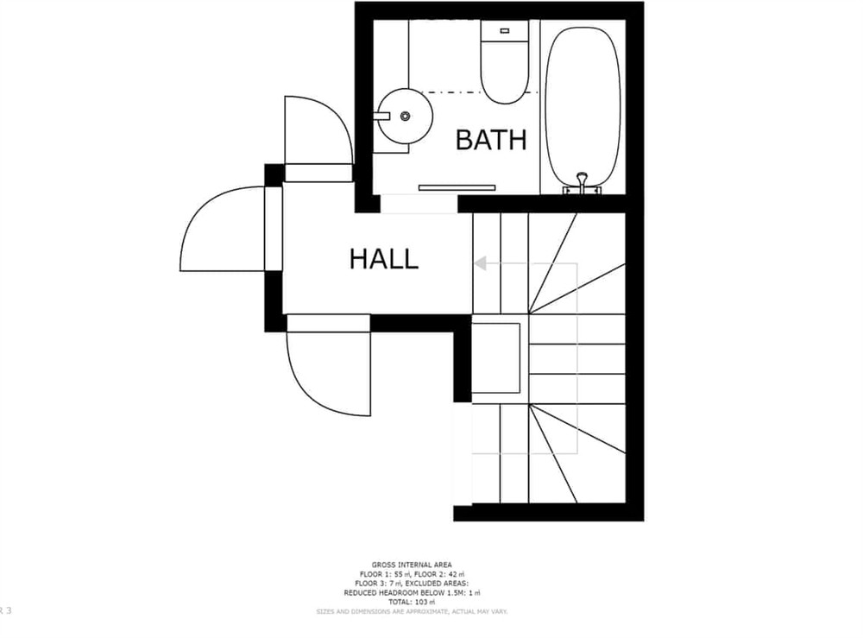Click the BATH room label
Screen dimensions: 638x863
click(x=490, y=140)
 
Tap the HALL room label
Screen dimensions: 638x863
click(x=383, y=259)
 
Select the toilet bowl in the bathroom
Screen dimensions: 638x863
click(x=505, y=73)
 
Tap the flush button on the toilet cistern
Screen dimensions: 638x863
click(x=505, y=30)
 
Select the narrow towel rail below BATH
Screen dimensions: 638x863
click(x=457, y=187)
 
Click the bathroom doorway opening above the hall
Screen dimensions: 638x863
click(x=418, y=205)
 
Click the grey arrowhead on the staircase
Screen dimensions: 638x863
click(x=481, y=262)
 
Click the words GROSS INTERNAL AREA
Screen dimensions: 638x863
click(x=411, y=565)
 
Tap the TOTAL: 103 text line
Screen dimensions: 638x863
click(x=411, y=602)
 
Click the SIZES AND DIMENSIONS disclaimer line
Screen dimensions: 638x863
click(x=411, y=611)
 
